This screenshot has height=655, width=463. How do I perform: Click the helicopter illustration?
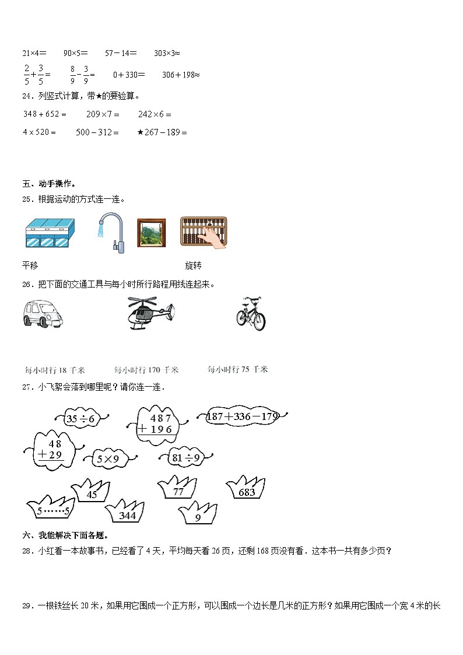tap(150, 314)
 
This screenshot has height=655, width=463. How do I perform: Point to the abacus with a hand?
tap(204, 233)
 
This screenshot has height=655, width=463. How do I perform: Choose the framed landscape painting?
tap(151, 233)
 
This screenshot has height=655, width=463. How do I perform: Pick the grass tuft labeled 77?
tap(178, 489)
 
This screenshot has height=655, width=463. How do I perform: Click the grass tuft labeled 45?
tap(92, 493)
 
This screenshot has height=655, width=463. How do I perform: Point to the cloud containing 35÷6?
tap(80, 418)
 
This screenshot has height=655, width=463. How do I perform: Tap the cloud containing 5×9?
tap(108, 459)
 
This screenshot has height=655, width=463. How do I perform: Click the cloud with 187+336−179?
tap(243, 416)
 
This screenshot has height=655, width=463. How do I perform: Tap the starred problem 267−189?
tap(162, 132)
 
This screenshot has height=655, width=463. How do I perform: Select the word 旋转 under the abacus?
tap(193, 265)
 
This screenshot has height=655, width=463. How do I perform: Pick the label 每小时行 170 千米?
tap(146, 370)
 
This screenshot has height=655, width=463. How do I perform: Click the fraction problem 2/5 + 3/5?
tap(36, 75)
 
